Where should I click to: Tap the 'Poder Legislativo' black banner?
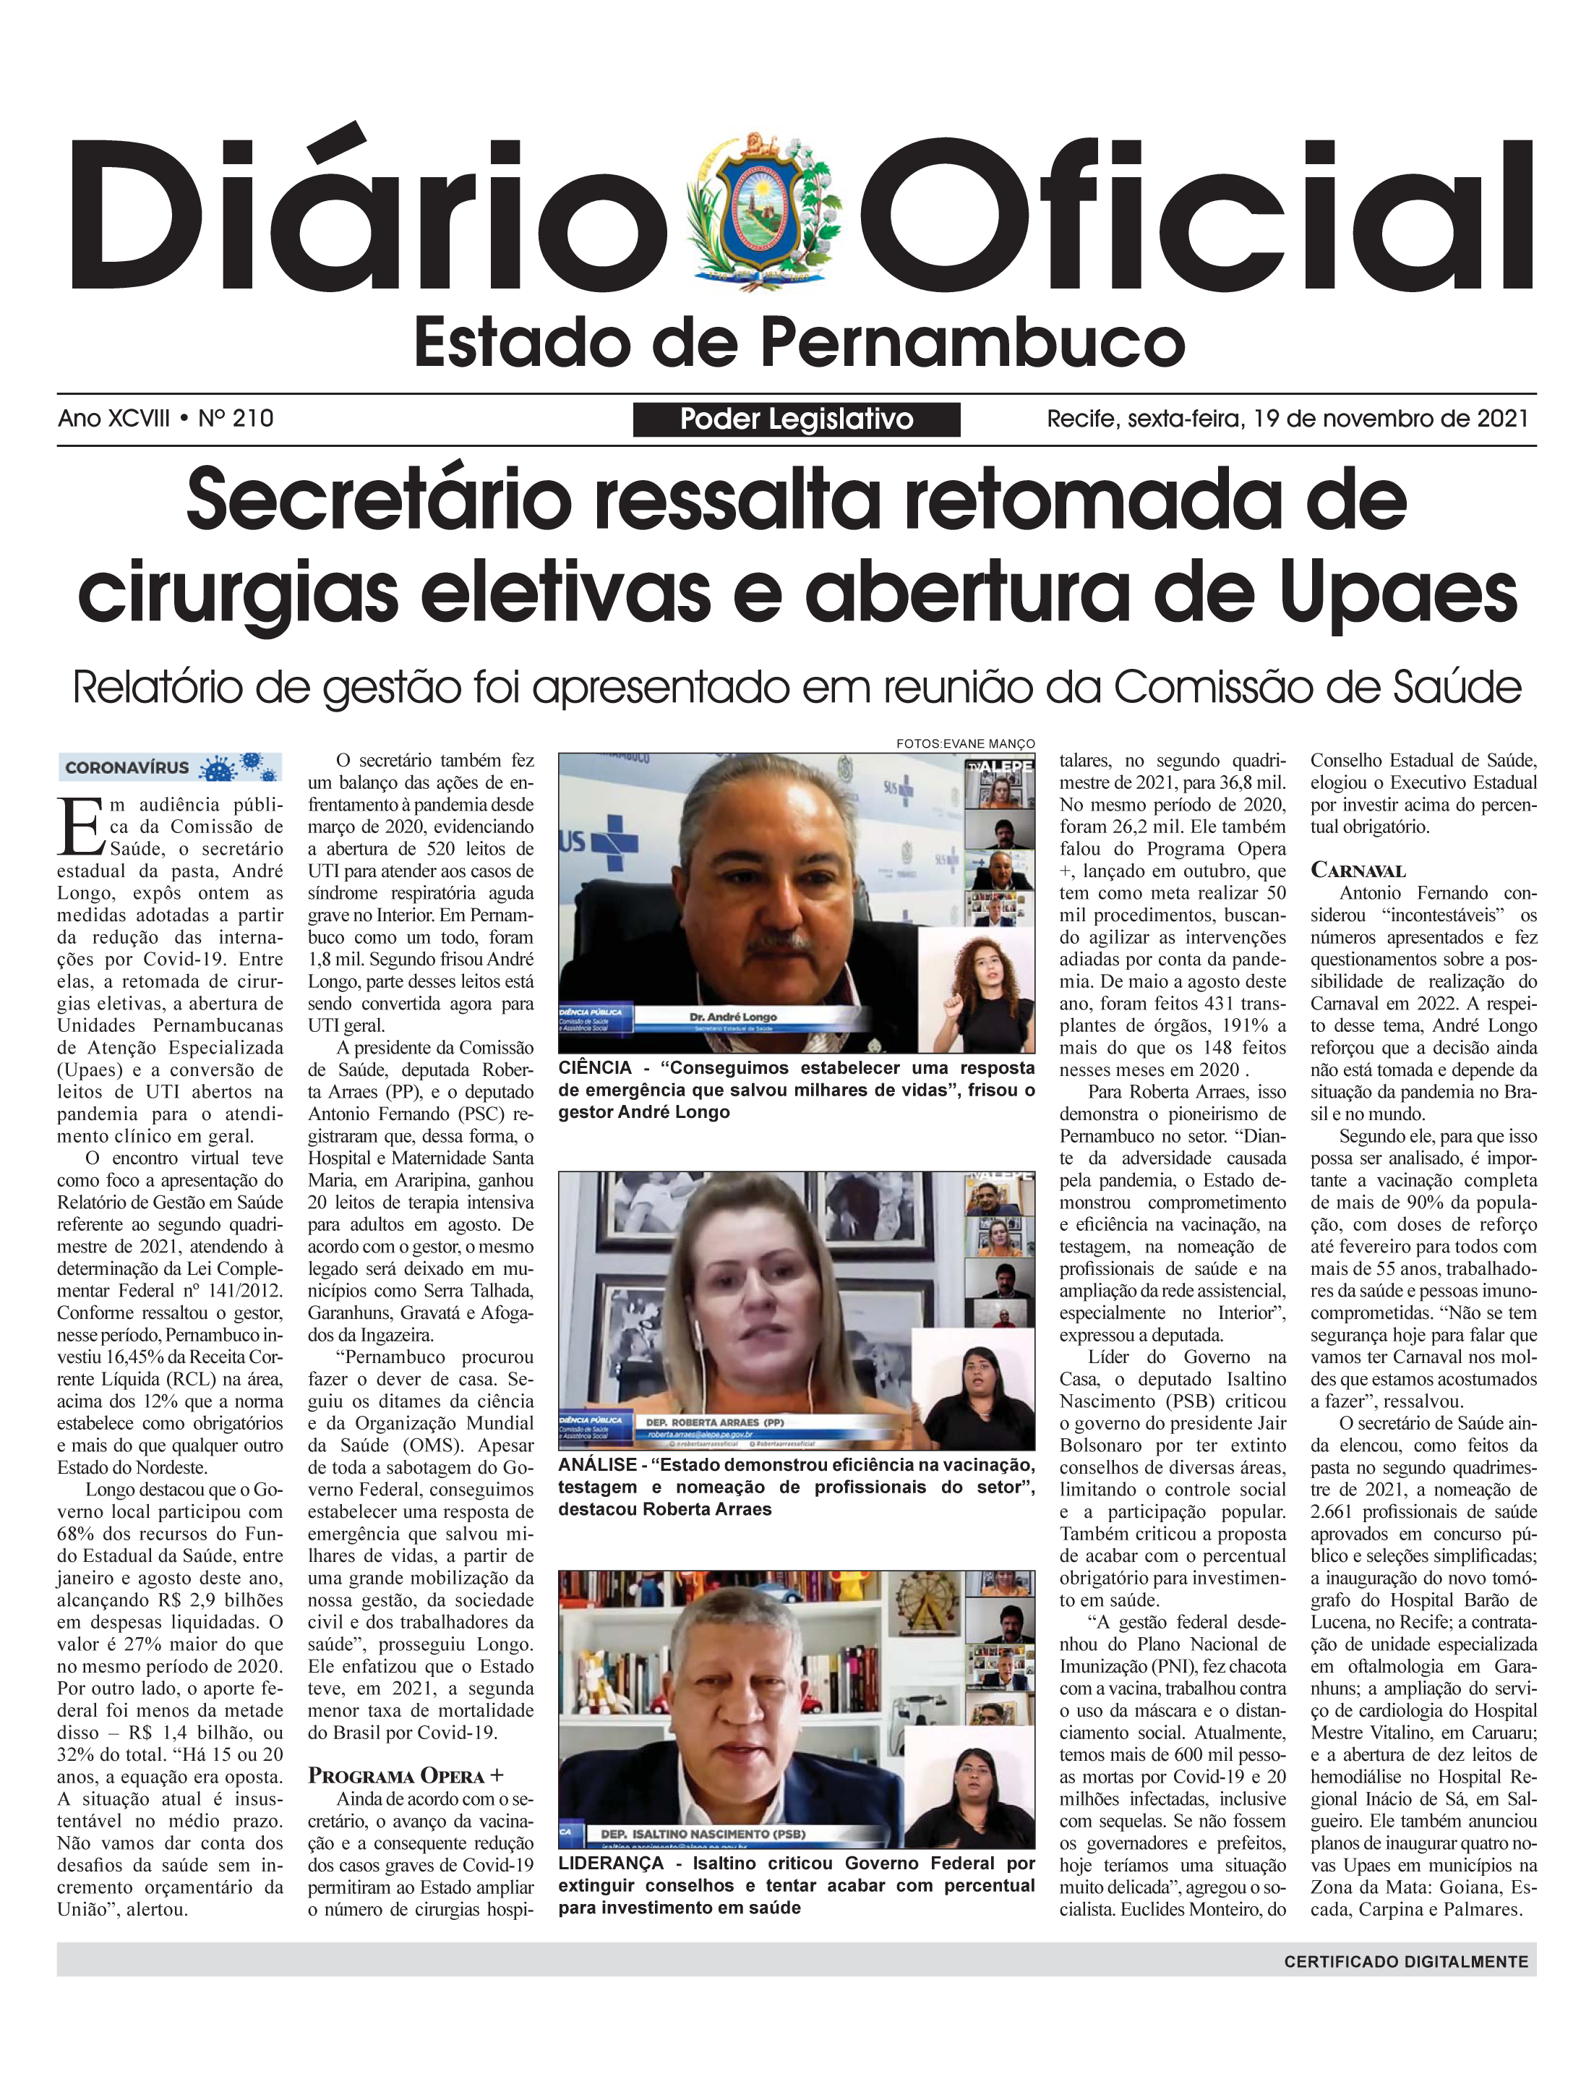point(796,419)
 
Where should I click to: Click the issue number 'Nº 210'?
point(236,419)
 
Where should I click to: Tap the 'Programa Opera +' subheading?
point(405,1775)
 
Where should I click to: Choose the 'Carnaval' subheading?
point(1358,870)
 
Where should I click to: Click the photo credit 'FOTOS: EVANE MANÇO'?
point(965,744)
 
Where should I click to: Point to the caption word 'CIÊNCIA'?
point(595,1067)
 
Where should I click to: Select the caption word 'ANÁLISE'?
point(595,1464)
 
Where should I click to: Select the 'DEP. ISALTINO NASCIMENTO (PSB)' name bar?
point(703,1833)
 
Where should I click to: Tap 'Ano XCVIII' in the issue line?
point(114,419)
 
